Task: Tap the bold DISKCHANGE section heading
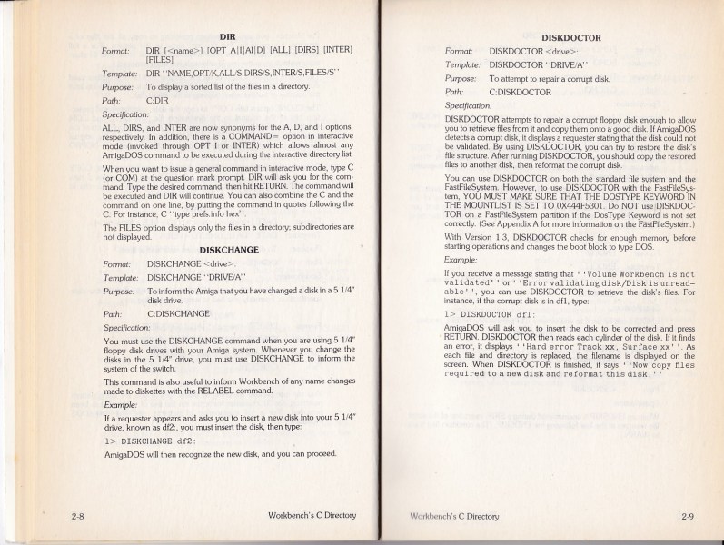click(230, 248)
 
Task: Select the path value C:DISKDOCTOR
click(521, 92)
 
